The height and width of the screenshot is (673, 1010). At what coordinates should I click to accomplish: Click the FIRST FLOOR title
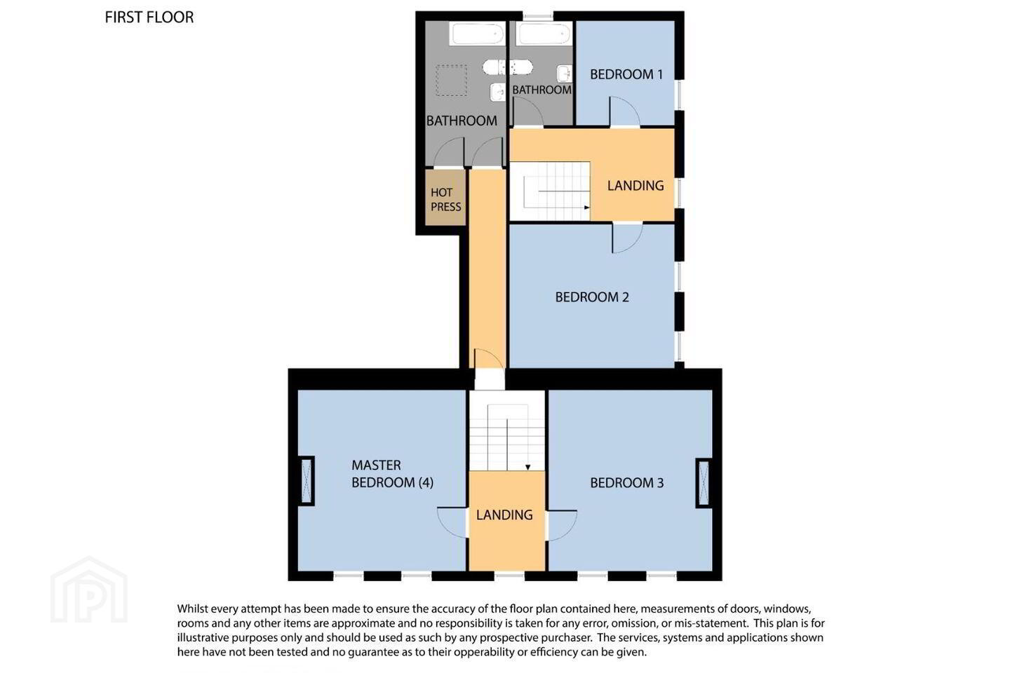pyautogui.click(x=149, y=18)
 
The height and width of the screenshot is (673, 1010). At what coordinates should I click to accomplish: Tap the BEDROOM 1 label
pyautogui.click(x=626, y=74)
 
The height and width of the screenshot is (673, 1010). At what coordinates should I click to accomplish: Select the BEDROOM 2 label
pyautogui.click(x=592, y=297)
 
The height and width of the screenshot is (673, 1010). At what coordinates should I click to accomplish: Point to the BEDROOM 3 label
pyautogui.click(x=627, y=483)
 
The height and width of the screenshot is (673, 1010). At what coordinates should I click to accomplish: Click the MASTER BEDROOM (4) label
pyautogui.click(x=392, y=474)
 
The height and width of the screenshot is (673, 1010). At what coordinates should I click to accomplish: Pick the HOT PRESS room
pyautogui.click(x=445, y=198)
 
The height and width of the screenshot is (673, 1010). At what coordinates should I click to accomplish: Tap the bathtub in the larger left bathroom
pyautogui.click(x=477, y=34)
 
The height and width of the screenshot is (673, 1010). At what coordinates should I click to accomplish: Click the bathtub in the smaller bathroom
pyautogui.click(x=544, y=34)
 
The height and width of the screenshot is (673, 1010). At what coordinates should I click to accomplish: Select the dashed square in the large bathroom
pyautogui.click(x=451, y=80)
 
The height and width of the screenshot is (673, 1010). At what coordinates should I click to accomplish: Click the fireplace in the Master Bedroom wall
pyautogui.click(x=307, y=480)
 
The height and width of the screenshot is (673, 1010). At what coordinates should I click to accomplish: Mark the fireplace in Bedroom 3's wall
pyautogui.click(x=703, y=483)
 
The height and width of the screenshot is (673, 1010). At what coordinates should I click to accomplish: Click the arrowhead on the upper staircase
pyautogui.click(x=586, y=208)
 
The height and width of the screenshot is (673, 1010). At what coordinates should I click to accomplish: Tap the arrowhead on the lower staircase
pyautogui.click(x=527, y=468)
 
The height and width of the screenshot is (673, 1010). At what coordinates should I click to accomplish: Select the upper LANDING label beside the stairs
pyautogui.click(x=635, y=186)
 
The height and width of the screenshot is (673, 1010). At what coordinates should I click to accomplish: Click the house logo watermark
pyautogui.click(x=89, y=590)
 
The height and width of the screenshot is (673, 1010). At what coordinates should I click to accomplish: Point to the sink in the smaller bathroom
pyautogui.click(x=565, y=74)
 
